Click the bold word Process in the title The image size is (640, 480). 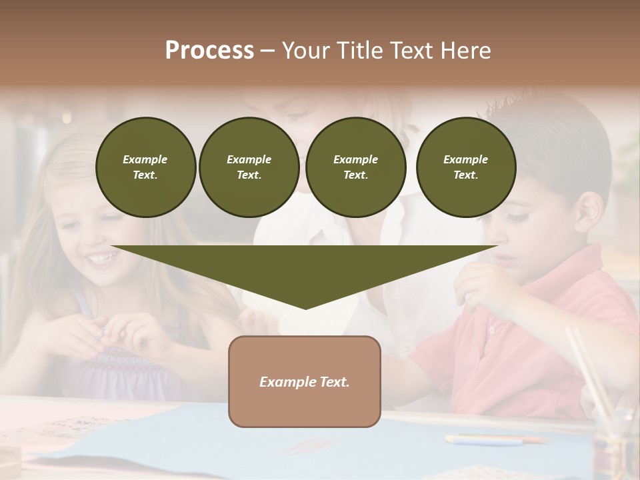pos(209,51)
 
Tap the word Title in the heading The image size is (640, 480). pos(360,51)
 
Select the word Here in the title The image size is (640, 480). pos(467,51)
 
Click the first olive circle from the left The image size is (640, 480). pos(145,167)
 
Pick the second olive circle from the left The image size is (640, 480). pos(249,167)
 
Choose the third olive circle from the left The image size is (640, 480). pos(356,167)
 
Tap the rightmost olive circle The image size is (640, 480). pos(466,167)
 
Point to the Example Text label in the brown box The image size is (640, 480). pos(305,382)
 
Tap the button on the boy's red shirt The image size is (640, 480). pos(492,329)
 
